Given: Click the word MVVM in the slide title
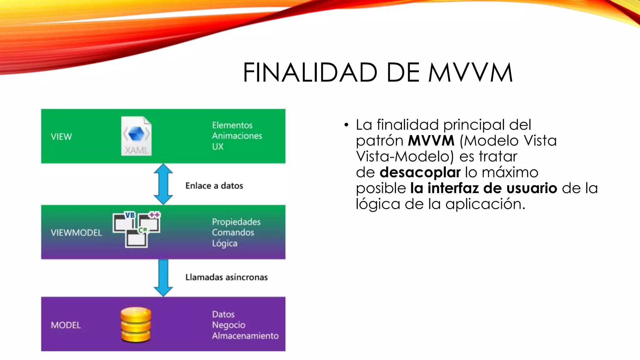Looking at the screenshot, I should (470, 72).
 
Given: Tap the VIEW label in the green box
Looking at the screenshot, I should (61, 137).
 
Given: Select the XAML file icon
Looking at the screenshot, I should (137, 136).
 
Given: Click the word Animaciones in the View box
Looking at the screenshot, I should (237, 136).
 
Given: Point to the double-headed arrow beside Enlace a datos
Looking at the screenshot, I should (163, 184).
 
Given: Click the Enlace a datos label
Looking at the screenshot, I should (214, 186).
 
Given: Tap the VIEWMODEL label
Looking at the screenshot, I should (76, 232).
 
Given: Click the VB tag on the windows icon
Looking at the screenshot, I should (130, 215).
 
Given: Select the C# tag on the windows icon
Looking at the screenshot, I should (143, 230).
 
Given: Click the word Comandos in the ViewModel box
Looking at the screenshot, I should (233, 232).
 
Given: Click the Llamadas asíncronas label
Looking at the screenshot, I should (226, 277).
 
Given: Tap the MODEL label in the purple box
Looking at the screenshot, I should (66, 325).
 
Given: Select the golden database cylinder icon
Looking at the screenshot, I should (136, 325).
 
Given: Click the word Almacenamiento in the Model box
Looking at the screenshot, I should (245, 336).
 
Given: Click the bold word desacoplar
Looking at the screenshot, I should (420, 172).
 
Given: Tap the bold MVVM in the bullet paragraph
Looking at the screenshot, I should (431, 141).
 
